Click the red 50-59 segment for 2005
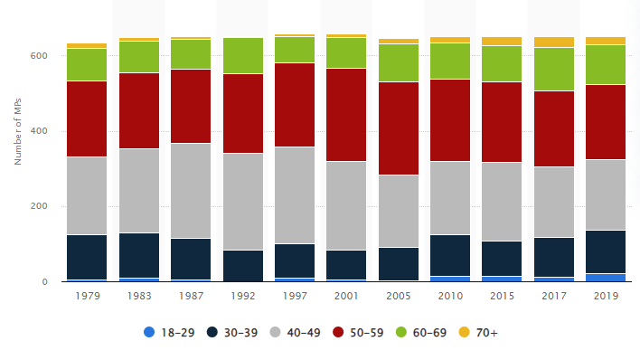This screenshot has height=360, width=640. (x=399, y=128)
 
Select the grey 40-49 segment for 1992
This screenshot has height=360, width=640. (x=243, y=202)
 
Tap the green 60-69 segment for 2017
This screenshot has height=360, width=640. (x=554, y=70)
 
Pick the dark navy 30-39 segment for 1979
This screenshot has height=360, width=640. (x=87, y=258)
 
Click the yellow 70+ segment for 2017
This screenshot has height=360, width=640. (x=554, y=43)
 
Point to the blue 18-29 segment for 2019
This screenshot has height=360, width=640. (x=606, y=278)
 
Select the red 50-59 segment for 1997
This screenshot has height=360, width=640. (x=295, y=105)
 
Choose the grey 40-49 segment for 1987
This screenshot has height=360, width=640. (x=191, y=191)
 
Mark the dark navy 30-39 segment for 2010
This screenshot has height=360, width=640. (x=450, y=256)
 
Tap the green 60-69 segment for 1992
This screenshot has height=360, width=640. (x=243, y=55)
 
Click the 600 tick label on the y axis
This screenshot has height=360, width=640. (x=39, y=55)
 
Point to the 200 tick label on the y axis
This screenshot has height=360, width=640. (x=39, y=206)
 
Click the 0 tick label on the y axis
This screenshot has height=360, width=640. (x=45, y=281)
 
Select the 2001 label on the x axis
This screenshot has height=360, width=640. (x=346, y=296)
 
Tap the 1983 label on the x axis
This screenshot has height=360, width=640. (x=139, y=296)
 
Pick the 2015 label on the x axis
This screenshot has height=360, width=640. (x=502, y=296)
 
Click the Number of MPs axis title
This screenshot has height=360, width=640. (x=17, y=131)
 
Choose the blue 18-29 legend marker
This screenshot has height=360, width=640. (x=149, y=332)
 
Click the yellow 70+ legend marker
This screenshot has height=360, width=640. (x=465, y=332)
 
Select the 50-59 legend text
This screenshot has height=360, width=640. (x=367, y=333)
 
